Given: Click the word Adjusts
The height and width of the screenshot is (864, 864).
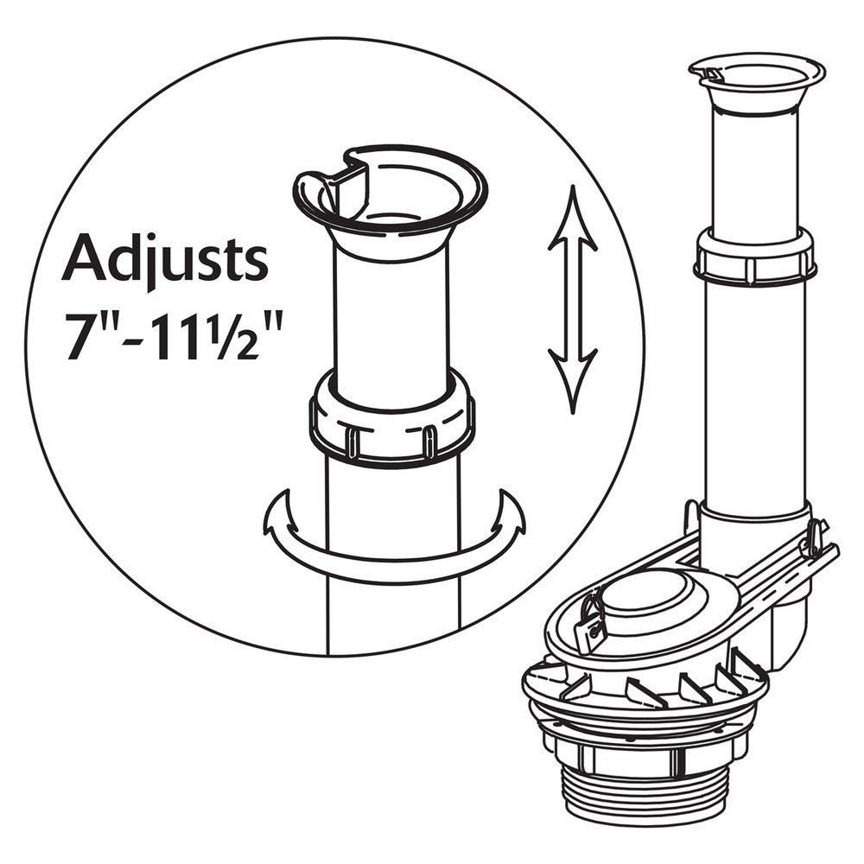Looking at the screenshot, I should pyautogui.click(x=164, y=258).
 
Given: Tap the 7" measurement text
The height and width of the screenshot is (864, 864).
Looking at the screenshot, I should pyautogui.click(x=86, y=327).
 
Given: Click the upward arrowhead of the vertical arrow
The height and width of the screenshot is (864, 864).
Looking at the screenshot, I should pyautogui.click(x=572, y=216).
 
